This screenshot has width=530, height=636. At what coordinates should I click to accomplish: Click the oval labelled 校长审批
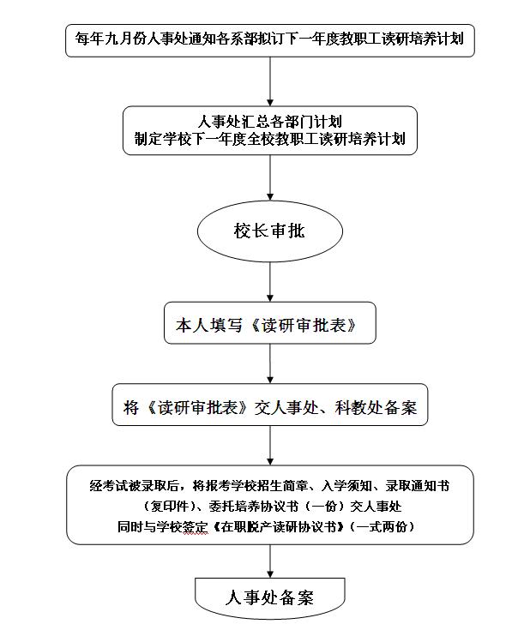click(270, 231)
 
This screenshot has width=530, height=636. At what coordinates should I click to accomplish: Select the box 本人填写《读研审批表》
click(270, 323)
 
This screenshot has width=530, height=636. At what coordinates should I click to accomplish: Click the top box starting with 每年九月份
click(270, 40)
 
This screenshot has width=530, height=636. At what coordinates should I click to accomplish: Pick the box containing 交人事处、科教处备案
click(270, 405)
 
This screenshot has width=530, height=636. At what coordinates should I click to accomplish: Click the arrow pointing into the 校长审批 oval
click(270, 177)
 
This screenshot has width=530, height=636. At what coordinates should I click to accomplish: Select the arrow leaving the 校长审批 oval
click(270, 282)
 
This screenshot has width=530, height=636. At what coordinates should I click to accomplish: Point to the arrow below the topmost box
click(270, 81)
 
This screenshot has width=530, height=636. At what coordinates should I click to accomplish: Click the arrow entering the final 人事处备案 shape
click(270, 561)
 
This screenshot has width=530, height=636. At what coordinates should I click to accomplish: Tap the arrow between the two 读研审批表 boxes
click(270, 363)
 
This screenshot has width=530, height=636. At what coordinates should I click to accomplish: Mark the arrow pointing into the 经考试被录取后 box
click(270, 446)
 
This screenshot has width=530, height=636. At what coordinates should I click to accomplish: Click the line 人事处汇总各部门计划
click(270, 121)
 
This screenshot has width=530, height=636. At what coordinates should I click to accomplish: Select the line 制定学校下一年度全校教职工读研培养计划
click(270, 139)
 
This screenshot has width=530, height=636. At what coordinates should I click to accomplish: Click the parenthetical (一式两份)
click(382, 526)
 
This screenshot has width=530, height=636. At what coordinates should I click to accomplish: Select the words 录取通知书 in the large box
click(418, 485)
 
